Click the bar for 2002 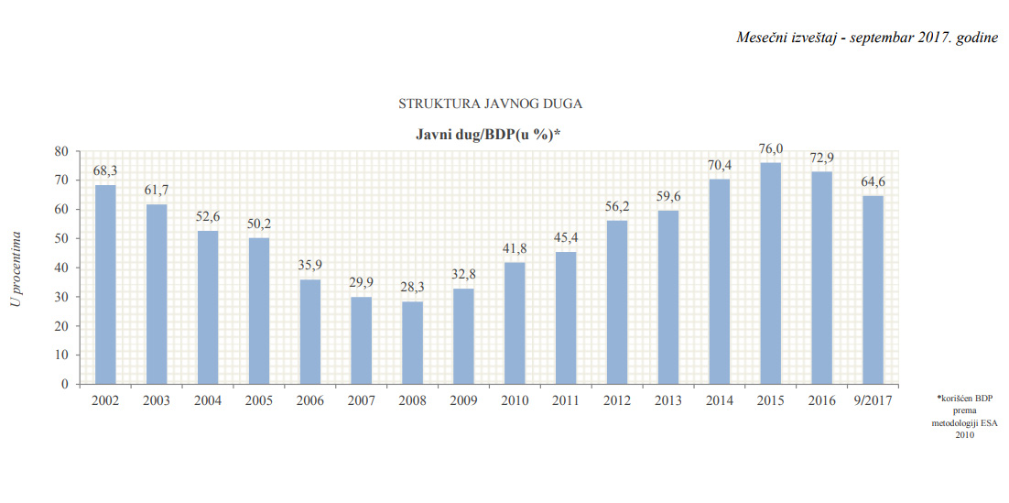click(105, 284)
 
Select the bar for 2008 click(412, 343)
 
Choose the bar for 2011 click(566, 318)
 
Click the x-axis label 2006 click(310, 399)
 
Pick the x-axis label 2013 click(668, 399)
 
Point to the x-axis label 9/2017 click(873, 399)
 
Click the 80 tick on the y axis click(62, 151)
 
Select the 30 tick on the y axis click(62, 297)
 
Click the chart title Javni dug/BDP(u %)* click(489, 134)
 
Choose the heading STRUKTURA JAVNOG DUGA click(490, 104)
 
